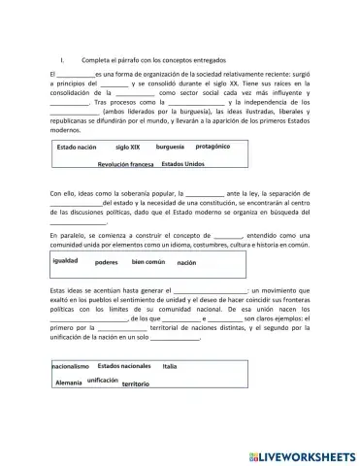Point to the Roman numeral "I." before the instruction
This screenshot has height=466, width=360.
(x=62, y=58)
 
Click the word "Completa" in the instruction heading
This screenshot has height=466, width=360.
(x=99, y=58)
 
